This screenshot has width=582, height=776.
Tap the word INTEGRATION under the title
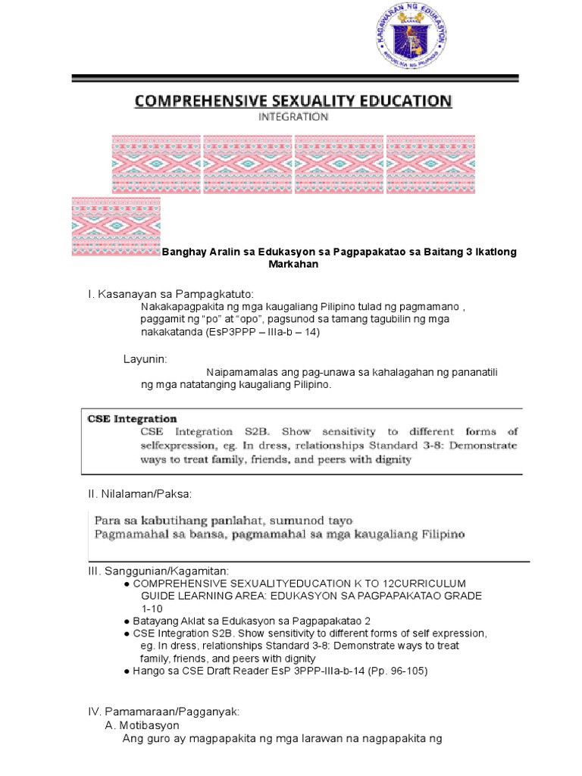293,117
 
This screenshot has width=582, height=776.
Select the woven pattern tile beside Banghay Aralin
116,226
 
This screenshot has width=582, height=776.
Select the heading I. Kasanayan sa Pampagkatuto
172,293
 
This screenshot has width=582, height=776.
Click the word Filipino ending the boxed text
437,534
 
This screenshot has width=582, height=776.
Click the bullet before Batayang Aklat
126,621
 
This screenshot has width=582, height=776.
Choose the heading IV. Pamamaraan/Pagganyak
164,712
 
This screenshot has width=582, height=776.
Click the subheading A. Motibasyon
142,725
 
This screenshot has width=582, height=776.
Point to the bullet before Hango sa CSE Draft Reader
126,671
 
